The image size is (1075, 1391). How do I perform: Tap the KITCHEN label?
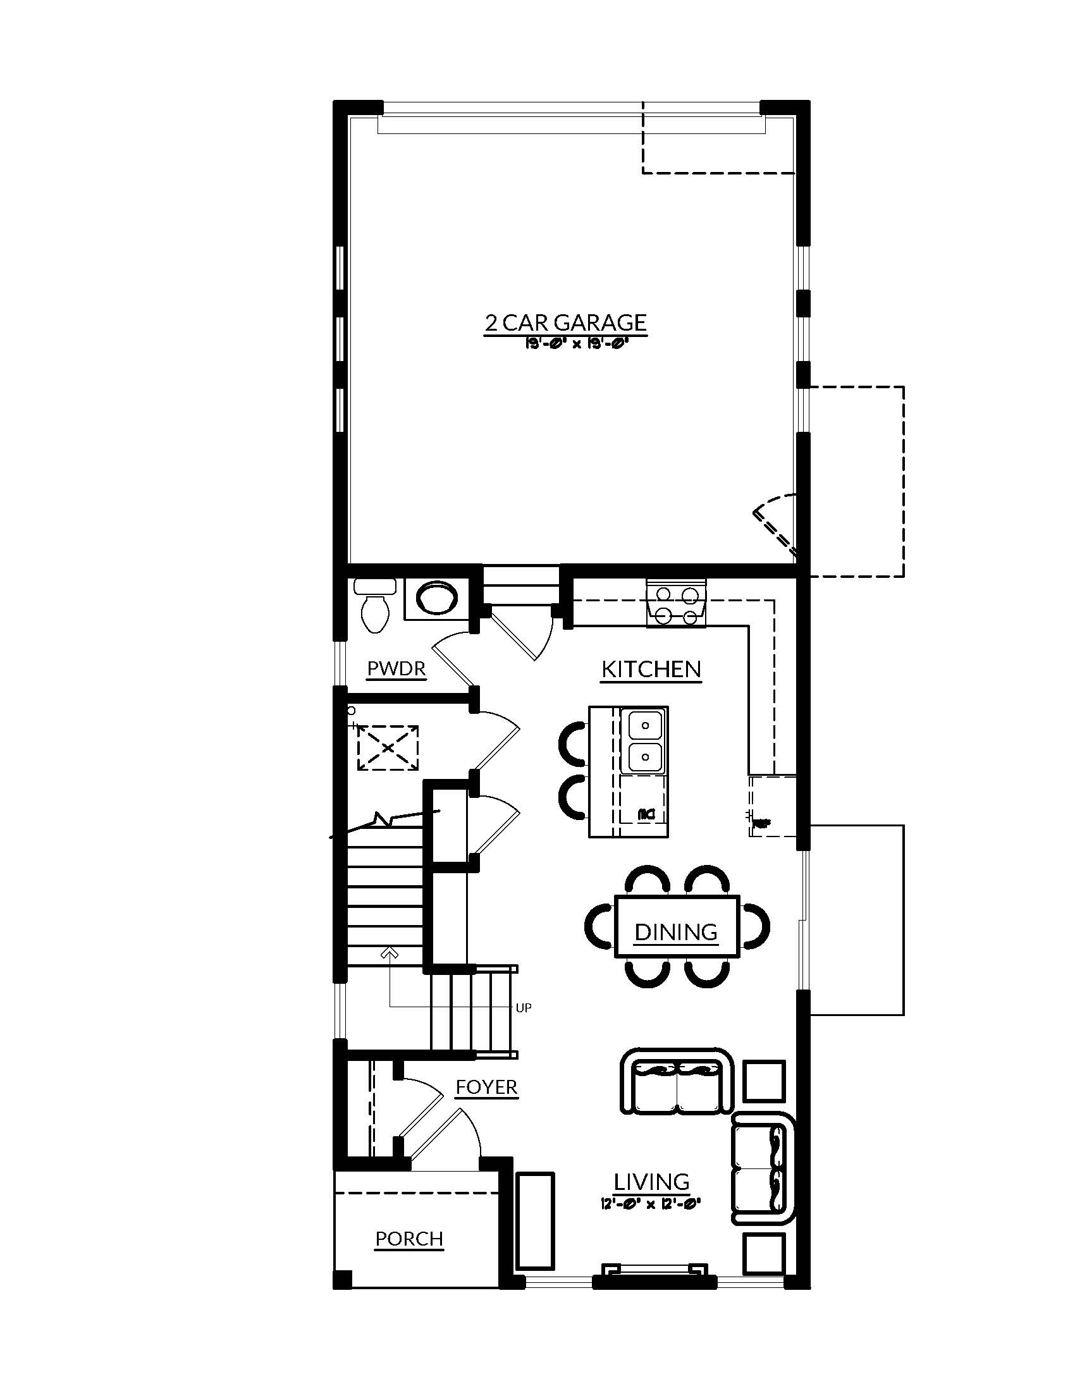tap(651, 670)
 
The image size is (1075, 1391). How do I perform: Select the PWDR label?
tap(396, 669)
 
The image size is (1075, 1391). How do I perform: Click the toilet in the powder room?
tap(375, 606)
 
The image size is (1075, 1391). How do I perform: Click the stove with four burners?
tap(677, 603)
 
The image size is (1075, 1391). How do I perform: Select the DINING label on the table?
tap(676, 933)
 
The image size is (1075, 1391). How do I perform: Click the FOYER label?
tap(486, 1088)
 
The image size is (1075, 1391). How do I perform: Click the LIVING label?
tap(651, 1182)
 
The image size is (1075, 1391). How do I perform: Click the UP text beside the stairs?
tap(523, 1008)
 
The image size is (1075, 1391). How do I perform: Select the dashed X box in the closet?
tap(387, 748)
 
